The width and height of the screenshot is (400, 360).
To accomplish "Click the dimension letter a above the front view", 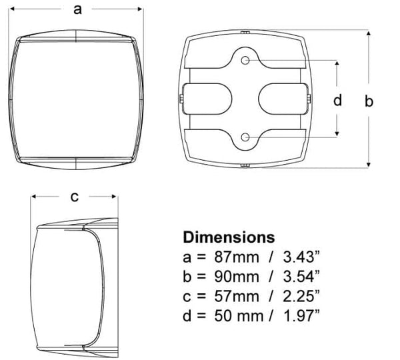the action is [x=77, y=10].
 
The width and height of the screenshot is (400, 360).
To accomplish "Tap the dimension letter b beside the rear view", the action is [x=369, y=101].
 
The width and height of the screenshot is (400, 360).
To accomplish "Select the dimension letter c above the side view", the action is [x=74, y=197].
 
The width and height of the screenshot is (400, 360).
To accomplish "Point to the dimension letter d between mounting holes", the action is [x=337, y=100].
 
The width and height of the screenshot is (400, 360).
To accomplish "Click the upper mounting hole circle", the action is [x=245, y=61].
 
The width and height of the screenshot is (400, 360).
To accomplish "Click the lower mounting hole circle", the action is [x=245, y=137].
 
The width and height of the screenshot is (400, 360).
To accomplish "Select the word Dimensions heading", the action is [x=229, y=237].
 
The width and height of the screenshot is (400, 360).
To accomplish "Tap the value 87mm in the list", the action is [x=237, y=257].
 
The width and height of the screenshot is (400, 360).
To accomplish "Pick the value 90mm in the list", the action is [x=237, y=277].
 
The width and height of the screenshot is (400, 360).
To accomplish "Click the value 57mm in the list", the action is [x=237, y=296].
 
